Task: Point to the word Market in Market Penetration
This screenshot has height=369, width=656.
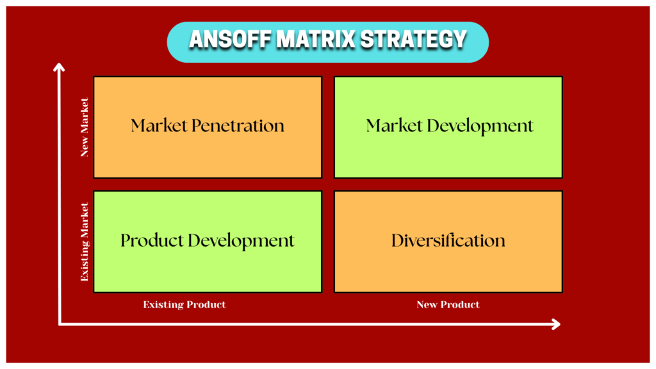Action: point(160,126)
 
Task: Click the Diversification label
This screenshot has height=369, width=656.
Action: point(448,241)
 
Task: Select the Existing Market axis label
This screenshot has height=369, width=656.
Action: point(85,242)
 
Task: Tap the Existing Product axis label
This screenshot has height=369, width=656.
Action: point(184,304)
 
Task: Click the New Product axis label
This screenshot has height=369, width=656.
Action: point(448,304)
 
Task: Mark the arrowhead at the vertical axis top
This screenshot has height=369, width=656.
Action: point(60,66)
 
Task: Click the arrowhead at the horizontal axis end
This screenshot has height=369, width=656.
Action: point(556,324)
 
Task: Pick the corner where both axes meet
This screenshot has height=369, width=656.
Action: point(60,324)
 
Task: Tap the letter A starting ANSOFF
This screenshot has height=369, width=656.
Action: point(196,40)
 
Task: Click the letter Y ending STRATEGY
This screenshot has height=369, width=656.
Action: point(459,40)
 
